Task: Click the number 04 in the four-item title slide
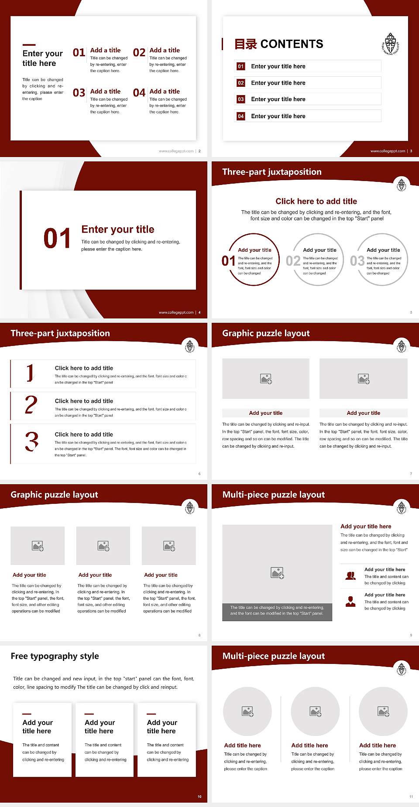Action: [x=139, y=93]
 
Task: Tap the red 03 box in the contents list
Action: [x=241, y=99]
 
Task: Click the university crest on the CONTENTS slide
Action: [x=391, y=44]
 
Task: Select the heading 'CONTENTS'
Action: [x=292, y=44]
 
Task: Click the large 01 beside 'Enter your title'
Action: [x=57, y=238]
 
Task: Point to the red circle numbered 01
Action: [x=254, y=260]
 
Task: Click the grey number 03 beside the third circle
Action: [x=357, y=261]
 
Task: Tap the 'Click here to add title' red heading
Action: [x=316, y=201]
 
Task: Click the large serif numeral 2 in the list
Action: [x=31, y=405]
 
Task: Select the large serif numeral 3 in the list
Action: [x=31, y=441]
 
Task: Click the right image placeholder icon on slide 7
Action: [x=364, y=379]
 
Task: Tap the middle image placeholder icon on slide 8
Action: [x=103, y=546]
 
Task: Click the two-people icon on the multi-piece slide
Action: [x=350, y=576]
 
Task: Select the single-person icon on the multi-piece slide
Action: [x=350, y=602]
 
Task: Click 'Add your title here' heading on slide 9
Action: [x=366, y=527]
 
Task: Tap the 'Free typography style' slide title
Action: [x=55, y=656]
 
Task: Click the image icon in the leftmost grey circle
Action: [x=247, y=711]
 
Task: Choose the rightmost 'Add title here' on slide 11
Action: [x=378, y=745]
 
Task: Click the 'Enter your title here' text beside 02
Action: [x=278, y=83]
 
